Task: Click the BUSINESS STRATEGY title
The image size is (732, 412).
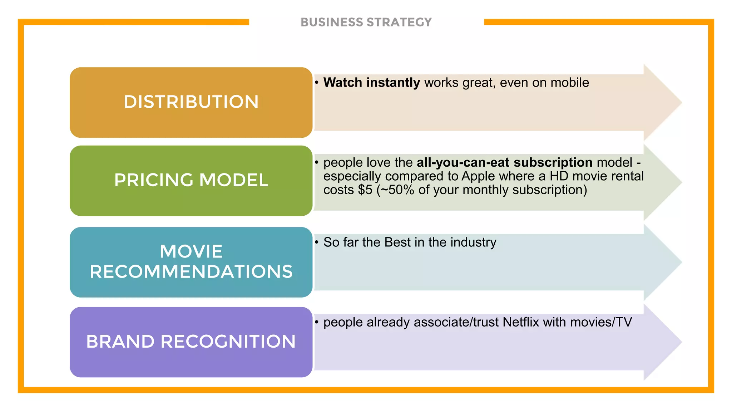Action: coord(366,22)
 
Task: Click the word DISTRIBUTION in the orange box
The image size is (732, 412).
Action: coord(191,102)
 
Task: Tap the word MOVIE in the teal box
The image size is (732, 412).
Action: coord(191,251)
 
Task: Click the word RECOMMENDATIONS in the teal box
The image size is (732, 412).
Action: coord(191,271)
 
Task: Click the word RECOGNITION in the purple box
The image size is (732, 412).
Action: coord(228,341)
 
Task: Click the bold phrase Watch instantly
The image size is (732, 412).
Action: coord(372,83)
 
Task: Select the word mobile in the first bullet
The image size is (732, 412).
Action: coord(570,83)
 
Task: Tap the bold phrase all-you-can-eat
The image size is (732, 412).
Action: coord(463,162)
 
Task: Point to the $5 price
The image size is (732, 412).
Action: coord(365,190)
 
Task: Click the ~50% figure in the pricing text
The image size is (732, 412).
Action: coord(397,190)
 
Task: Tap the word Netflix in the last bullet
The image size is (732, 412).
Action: coord(520,322)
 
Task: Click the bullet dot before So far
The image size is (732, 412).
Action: coord(317,242)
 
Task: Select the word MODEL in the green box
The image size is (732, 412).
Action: coord(234,180)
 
